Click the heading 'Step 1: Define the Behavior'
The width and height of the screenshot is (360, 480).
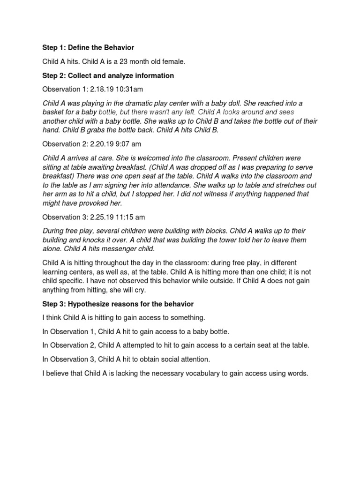coord(88,48)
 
